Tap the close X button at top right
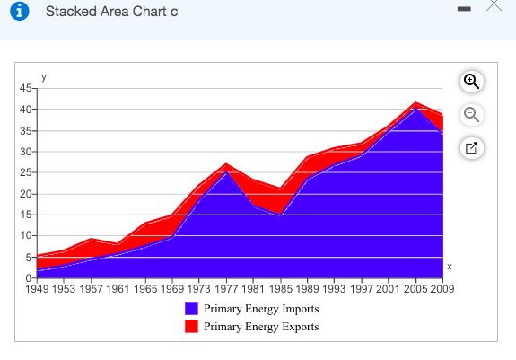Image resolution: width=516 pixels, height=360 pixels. (x=493, y=6)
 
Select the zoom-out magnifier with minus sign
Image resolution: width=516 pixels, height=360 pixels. (x=472, y=115)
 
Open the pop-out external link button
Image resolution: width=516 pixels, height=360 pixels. (x=472, y=147)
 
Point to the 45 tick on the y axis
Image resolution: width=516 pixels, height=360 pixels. (x=25, y=88)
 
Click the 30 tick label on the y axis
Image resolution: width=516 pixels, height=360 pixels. (x=25, y=152)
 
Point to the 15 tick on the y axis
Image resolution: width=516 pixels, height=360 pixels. (x=25, y=215)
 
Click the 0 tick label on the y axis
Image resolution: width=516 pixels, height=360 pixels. (x=28, y=277)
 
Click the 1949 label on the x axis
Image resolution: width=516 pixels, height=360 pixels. (x=39, y=289)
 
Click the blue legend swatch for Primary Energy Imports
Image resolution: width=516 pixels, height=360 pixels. (x=191, y=308)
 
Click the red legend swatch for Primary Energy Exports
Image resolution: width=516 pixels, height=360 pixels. (x=191, y=326)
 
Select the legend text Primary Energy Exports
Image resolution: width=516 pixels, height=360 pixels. (x=261, y=327)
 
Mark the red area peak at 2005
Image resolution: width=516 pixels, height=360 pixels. (x=415, y=104)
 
